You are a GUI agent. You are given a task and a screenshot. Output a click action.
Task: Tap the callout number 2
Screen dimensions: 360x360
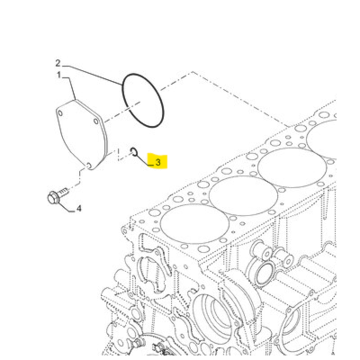point(57,63)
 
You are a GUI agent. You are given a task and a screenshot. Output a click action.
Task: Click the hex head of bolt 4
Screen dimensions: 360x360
point(53,196)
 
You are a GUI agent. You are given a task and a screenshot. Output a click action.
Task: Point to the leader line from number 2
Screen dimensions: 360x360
point(90,72)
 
